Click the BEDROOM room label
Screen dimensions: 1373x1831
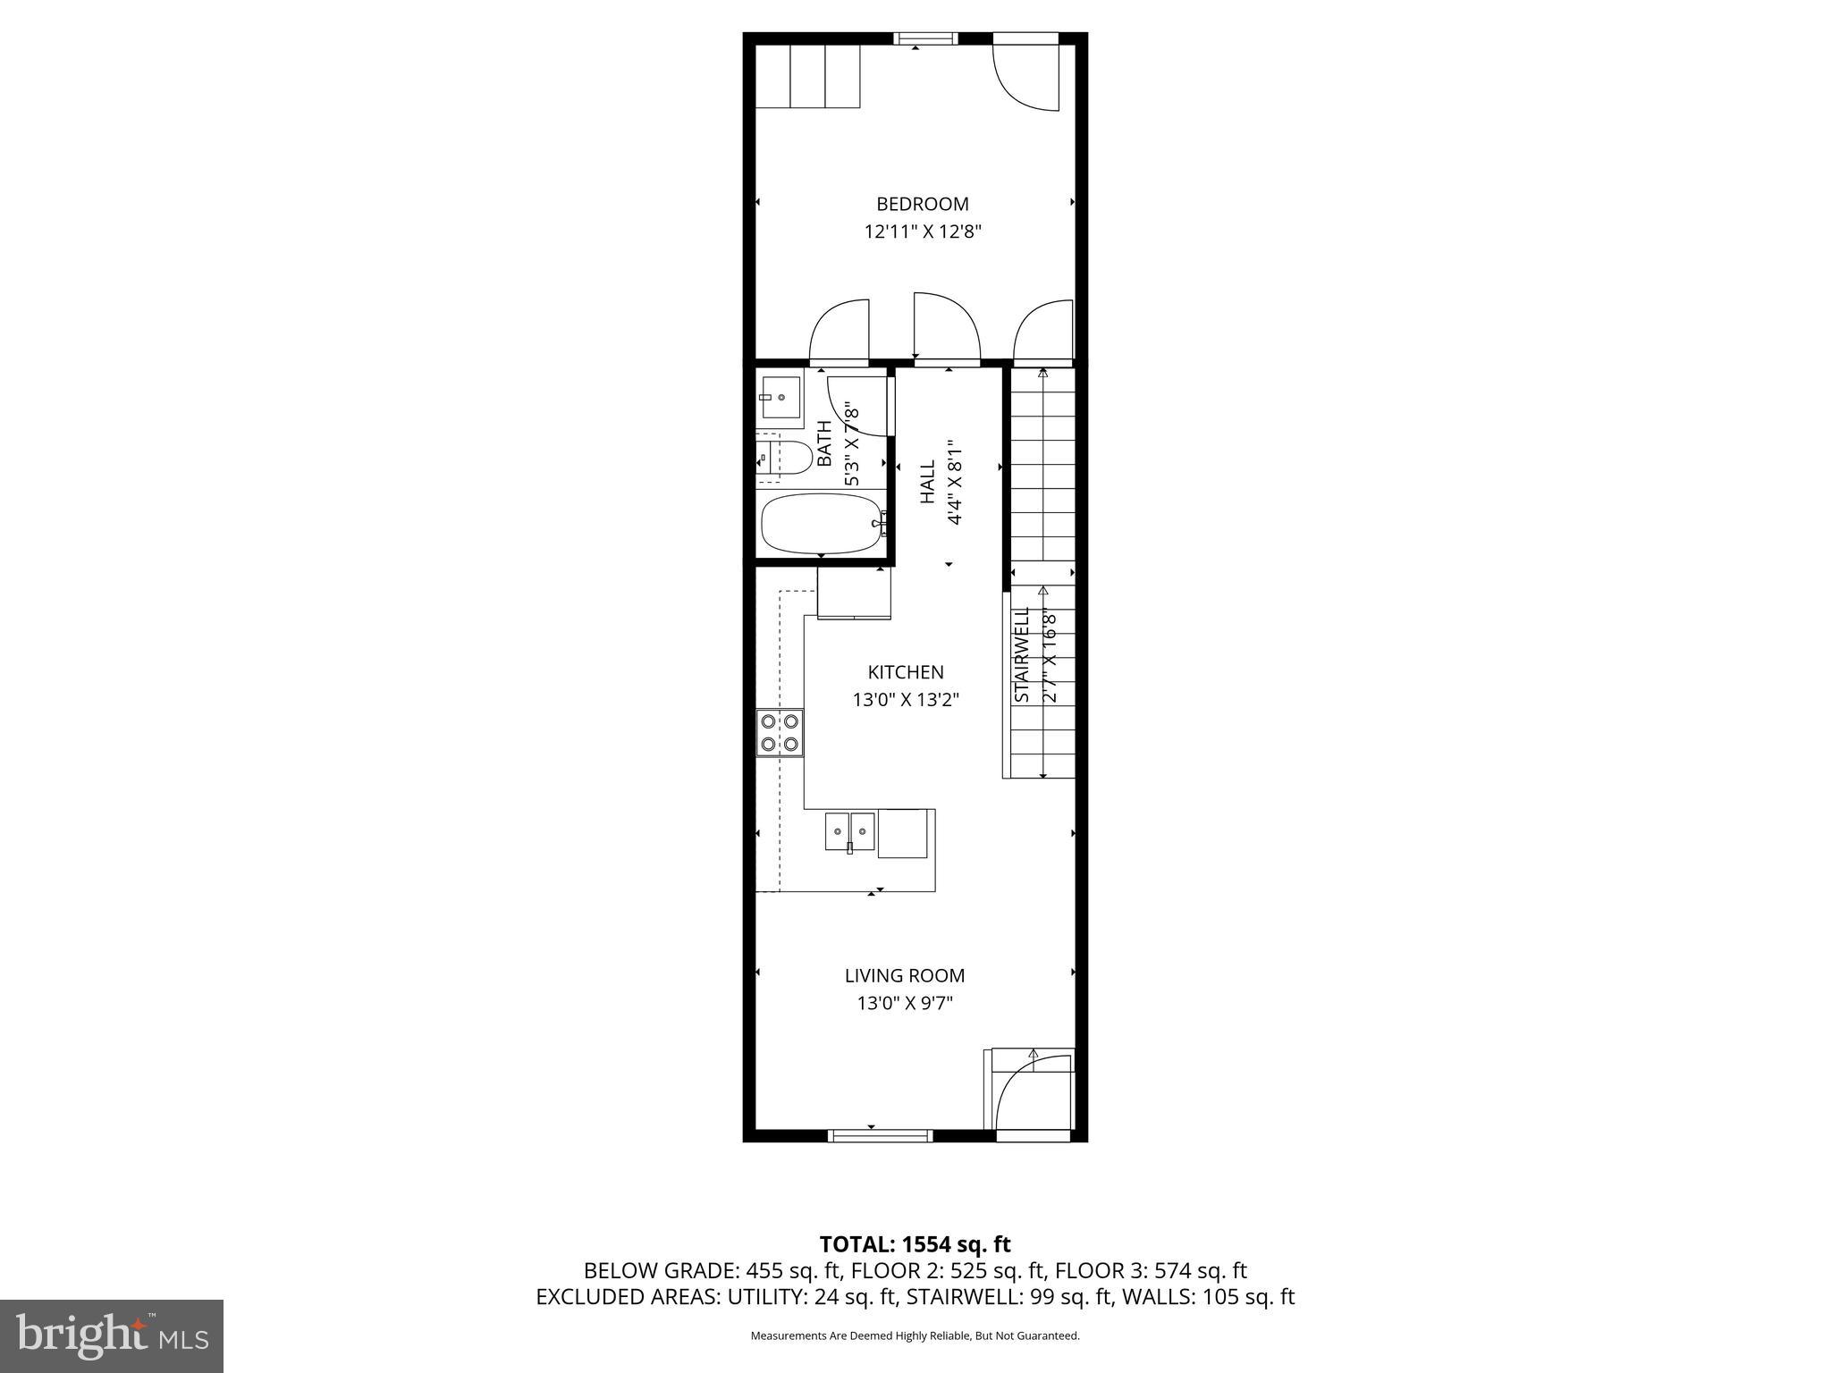pos(922,204)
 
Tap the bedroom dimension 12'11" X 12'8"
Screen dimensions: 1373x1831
pos(923,232)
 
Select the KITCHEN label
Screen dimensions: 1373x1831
pos(906,672)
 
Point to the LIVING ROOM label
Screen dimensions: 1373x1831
pos(905,975)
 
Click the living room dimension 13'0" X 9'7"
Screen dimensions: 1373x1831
pos(905,1004)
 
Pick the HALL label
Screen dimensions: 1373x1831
pos(928,481)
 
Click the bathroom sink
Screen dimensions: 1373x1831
pos(780,397)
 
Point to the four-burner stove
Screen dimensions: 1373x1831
pos(780,732)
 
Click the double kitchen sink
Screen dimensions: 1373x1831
pos(849,831)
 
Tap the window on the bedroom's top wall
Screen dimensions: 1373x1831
pos(925,38)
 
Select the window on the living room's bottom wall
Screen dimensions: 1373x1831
pos(881,1135)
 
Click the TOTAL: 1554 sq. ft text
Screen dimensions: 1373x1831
pos(915,1244)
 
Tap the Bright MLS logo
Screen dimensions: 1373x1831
pos(112,1335)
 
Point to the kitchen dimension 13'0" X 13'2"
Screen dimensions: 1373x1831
pos(906,700)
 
